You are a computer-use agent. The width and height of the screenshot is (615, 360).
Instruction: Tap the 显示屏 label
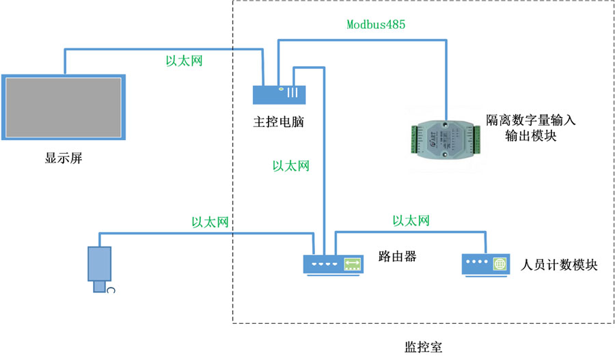coord(64,158)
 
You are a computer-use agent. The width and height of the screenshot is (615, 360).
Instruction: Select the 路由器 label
coord(397,258)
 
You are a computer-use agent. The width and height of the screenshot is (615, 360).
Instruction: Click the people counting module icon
coord(486,264)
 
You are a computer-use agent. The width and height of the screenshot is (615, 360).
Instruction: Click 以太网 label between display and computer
coord(184,61)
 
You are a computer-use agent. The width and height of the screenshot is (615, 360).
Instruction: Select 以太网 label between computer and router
coord(291,165)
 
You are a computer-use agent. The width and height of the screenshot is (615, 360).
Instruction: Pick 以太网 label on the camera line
coord(209,222)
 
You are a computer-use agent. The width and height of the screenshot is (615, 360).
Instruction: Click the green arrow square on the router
coord(353,264)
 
